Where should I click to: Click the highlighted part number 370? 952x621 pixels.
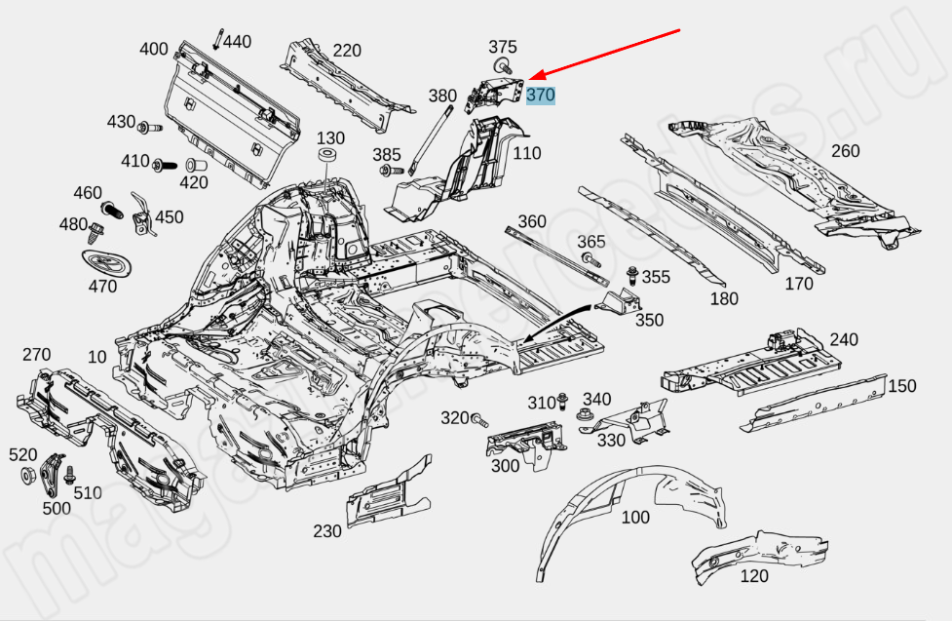541,96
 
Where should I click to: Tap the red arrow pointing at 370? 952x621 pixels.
604,53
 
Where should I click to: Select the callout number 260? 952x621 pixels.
845,151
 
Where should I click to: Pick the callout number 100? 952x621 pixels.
635,517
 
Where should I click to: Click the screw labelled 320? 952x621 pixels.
478,420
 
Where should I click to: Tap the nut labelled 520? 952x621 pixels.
27,477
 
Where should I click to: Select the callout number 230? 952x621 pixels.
327,531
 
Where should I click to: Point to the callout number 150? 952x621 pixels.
901,386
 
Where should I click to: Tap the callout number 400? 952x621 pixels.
154,49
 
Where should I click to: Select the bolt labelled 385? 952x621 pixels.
387,171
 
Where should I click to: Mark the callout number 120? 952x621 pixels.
754,576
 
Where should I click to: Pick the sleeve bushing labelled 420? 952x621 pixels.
193,161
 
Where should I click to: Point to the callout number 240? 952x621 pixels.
844,339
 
